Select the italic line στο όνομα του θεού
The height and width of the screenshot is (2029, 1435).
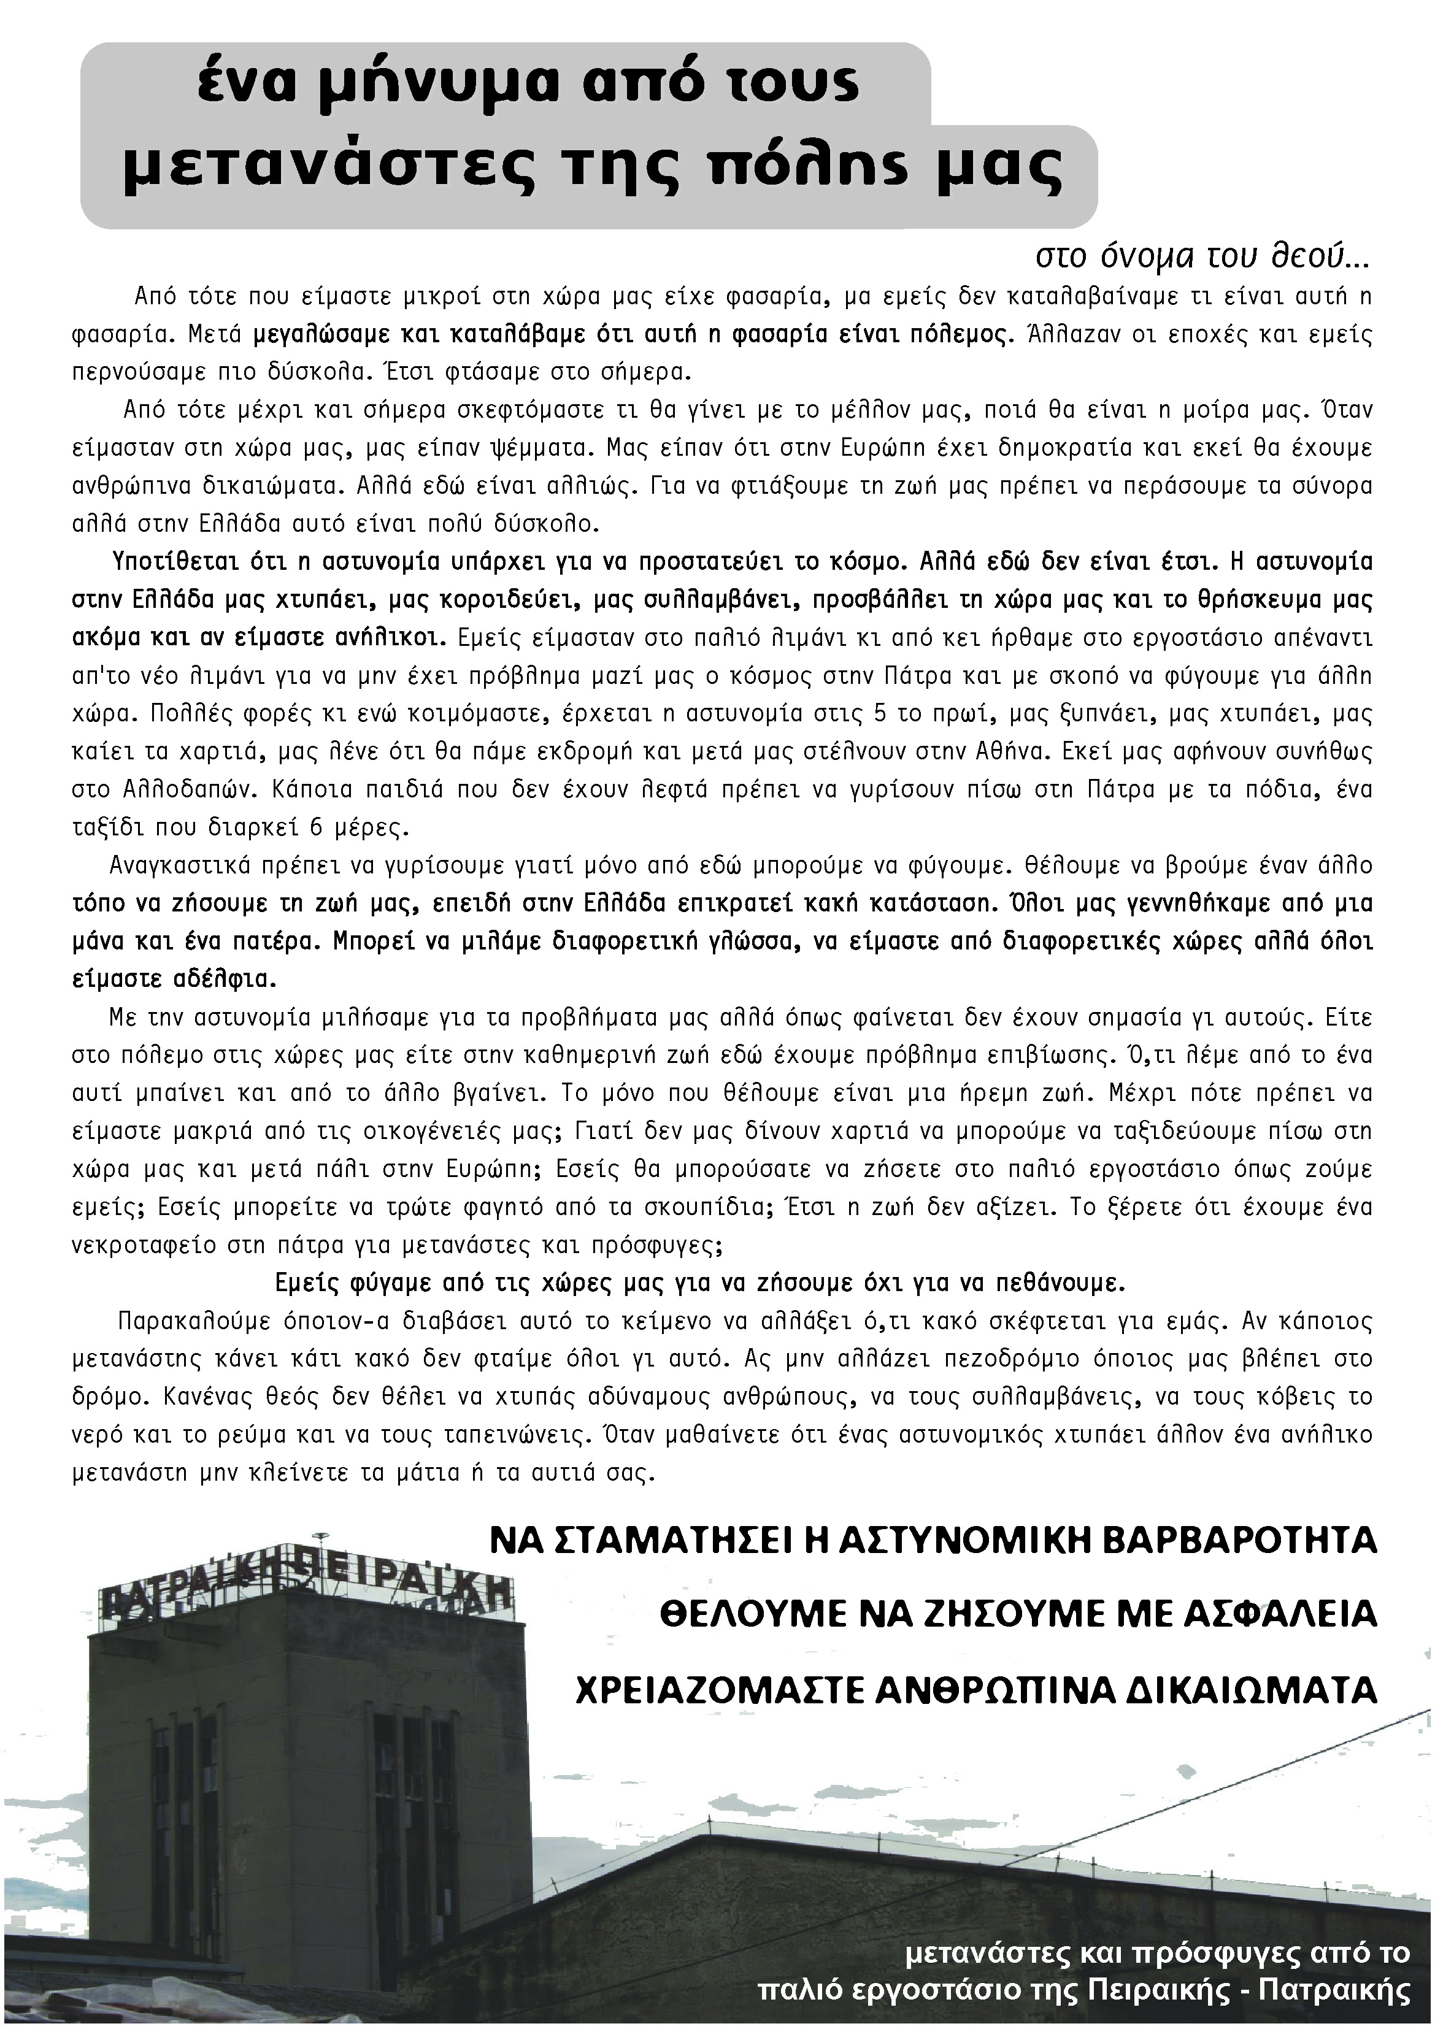pos(1202,257)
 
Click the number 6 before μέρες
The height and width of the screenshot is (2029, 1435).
pos(317,828)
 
